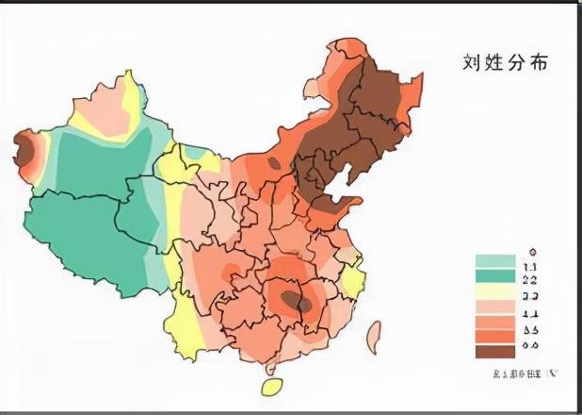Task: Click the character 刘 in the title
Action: pyautogui.click(x=472, y=62)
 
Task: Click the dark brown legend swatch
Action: pyautogui.click(x=495, y=351)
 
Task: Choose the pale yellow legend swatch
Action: pyautogui.click(x=495, y=297)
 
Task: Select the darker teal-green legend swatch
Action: pyautogui.click(x=495, y=278)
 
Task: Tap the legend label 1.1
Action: pyautogui.click(x=530, y=269)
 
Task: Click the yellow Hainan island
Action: pyautogui.click(x=270, y=387)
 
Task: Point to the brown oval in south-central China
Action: pyautogui.click(x=293, y=302)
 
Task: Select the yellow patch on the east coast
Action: pyautogui.click(x=352, y=278)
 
